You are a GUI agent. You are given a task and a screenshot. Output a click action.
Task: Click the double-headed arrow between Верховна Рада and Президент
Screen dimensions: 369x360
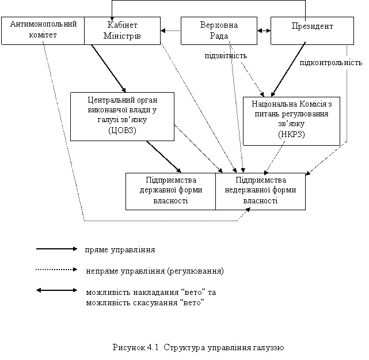click(x=264, y=31)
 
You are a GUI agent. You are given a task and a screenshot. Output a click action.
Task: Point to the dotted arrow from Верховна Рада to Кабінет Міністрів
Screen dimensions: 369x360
click(x=170, y=31)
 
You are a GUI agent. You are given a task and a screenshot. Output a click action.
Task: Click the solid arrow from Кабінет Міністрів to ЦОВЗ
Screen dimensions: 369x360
click(x=109, y=69)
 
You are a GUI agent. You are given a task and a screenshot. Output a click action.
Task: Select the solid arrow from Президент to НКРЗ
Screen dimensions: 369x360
click(x=288, y=69)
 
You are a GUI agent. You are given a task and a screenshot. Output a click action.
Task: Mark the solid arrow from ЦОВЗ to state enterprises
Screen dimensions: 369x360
click(x=164, y=157)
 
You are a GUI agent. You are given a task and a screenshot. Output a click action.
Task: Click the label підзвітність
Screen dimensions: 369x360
click(x=226, y=56)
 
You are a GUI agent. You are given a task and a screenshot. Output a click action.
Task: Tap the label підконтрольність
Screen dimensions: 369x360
click(x=331, y=63)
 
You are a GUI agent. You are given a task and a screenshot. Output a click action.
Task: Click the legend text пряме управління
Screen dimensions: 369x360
click(x=120, y=250)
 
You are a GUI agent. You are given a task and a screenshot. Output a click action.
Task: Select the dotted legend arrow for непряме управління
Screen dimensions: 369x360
click(x=56, y=270)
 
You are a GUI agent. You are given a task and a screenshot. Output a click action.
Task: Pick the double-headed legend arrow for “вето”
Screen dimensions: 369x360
click(x=56, y=290)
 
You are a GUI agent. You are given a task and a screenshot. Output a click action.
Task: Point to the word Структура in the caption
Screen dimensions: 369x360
click(x=184, y=347)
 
